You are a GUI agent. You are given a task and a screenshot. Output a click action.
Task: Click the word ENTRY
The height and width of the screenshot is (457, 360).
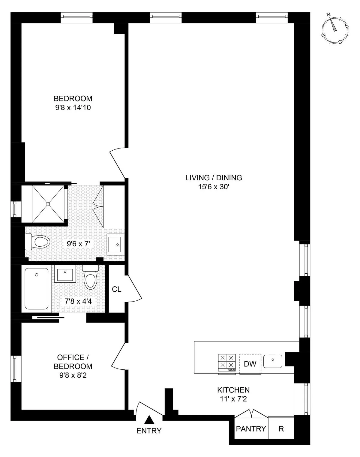(149, 431)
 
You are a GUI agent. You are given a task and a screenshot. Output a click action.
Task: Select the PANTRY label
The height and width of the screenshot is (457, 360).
(251, 429)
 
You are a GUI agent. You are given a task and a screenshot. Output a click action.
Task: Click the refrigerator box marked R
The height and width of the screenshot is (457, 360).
(281, 429)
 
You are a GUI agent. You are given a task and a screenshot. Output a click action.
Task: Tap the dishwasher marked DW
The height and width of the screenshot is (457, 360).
(250, 364)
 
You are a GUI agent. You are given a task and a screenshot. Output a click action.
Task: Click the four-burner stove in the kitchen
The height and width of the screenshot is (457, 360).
(227, 361)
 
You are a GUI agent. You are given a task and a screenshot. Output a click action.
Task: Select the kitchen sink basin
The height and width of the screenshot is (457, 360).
(272, 361)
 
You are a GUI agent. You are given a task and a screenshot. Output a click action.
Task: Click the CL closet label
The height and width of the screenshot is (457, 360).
(116, 289)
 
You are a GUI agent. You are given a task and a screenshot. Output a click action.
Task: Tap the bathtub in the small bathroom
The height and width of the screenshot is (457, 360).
(36, 289)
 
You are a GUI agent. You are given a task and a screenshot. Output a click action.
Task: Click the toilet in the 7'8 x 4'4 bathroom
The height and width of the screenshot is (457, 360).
(90, 278)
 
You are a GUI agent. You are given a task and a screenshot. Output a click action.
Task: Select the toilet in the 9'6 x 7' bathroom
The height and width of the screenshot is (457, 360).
(38, 242)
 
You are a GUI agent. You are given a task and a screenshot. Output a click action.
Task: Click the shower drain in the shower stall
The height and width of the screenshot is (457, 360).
(48, 204)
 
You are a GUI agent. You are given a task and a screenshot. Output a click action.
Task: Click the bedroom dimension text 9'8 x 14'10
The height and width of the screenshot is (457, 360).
(73, 107)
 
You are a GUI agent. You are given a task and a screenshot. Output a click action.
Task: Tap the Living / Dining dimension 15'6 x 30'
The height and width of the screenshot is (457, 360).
(214, 187)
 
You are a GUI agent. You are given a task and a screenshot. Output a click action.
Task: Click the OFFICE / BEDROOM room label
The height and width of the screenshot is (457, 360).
(73, 362)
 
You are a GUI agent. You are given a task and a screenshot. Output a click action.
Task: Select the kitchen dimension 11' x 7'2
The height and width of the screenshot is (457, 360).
(233, 399)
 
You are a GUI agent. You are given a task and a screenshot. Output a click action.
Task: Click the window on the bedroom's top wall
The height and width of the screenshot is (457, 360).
(76, 17)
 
